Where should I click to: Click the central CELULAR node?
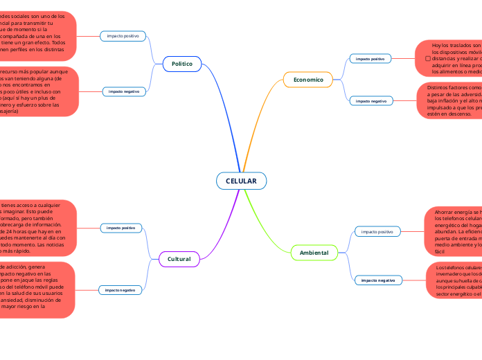[241, 181]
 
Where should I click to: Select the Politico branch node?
[182, 64]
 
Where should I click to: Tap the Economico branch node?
[308, 80]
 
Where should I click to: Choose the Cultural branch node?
[179, 259]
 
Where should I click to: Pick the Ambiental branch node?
[314, 253]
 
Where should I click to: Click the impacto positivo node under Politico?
[123, 35]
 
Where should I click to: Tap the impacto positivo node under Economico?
[370, 59]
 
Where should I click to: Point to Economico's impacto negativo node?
[371, 101]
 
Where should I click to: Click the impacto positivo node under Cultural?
[121, 227]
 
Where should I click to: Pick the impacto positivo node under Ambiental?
[377, 231]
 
